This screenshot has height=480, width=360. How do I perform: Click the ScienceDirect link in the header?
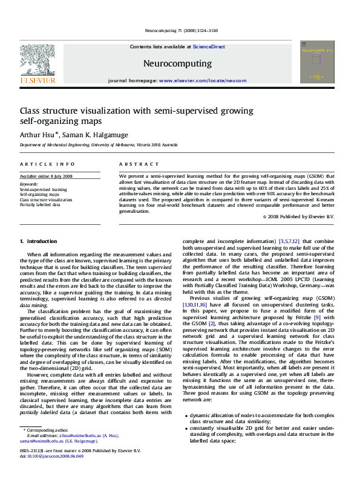pyautogui.click(x=209, y=47)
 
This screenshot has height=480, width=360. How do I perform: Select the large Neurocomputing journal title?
pyautogui.click(x=177, y=63)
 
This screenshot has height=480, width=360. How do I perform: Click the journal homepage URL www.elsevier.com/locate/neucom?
pyautogui.click(x=202, y=80)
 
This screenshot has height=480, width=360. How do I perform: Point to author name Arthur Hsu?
pyautogui.click(x=39, y=134)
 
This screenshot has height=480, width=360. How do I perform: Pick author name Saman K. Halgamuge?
pyautogui.click(x=96, y=134)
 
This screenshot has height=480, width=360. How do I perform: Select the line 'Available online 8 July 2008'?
pyautogui.click(x=46, y=176)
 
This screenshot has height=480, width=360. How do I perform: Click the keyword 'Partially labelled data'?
pyautogui.click(x=40, y=205)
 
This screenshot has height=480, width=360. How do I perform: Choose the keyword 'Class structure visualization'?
pyautogui.click(x=46, y=199)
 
